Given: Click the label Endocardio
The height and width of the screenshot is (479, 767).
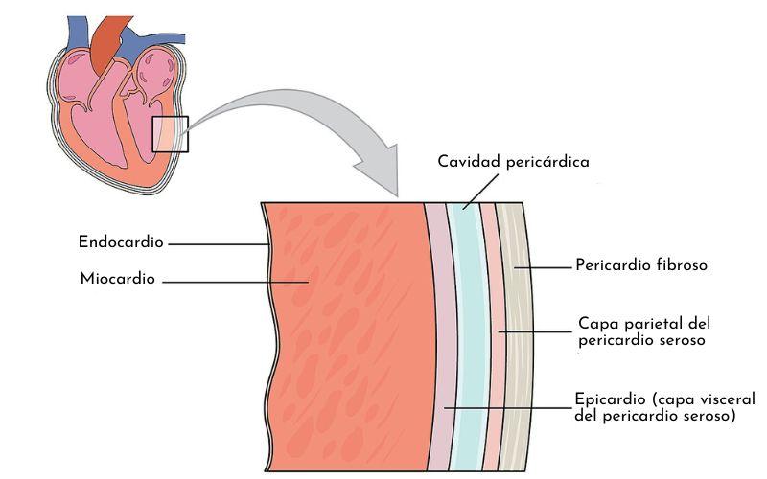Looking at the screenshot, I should (x=122, y=242).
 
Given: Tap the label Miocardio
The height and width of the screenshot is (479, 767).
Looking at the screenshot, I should (x=118, y=280).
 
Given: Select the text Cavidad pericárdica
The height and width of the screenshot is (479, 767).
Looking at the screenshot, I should (x=513, y=162).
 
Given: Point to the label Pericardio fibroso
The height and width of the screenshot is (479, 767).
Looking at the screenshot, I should (x=640, y=264).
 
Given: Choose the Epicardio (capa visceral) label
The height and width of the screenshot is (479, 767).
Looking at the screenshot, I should (x=664, y=407).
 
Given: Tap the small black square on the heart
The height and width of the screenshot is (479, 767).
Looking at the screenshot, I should (x=171, y=134).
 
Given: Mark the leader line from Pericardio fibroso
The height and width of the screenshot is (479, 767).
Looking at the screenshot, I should (x=542, y=265).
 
